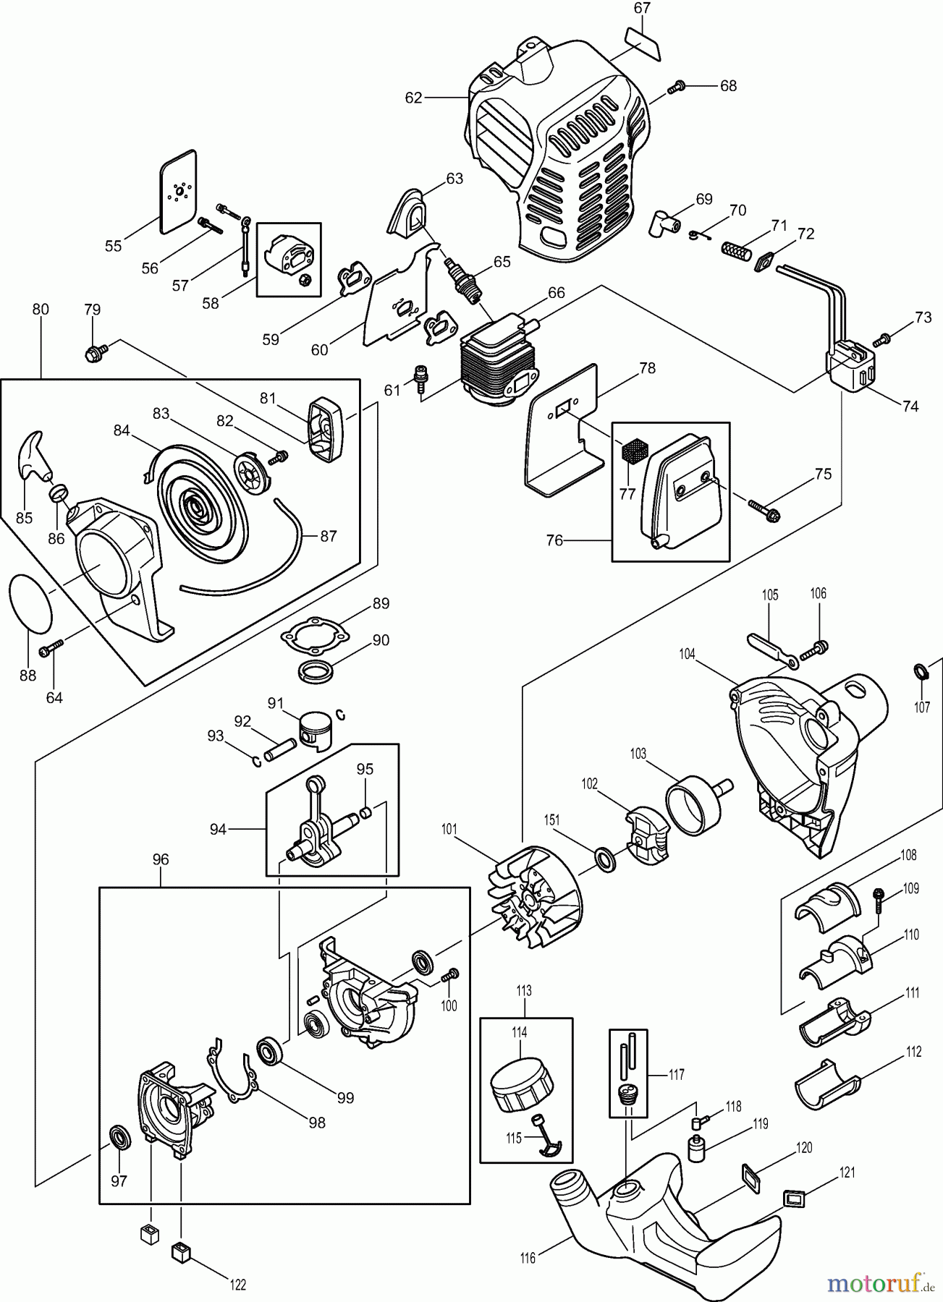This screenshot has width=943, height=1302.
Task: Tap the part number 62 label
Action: coord(413,98)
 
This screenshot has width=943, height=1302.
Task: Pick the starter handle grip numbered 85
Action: coord(34,454)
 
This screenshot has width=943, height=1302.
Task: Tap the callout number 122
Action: coord(237,1285)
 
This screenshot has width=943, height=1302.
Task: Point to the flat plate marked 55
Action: coord(177,192)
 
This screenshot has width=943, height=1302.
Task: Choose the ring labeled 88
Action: coord(31,603)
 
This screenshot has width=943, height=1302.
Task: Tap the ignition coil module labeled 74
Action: coord(854,370)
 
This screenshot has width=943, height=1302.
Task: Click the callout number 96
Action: coord(161,859)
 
